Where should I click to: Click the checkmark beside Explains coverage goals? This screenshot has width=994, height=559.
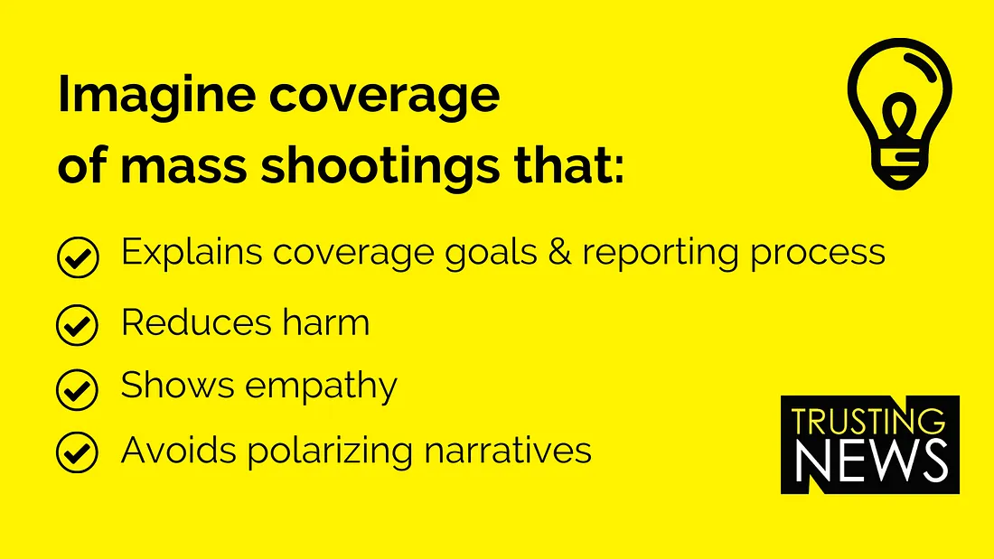pyautogui.click(x=78, y=257)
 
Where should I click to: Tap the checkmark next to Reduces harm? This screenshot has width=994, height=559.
pyautogui.click(x=78, y=324)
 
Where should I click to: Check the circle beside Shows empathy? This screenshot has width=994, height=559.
pyautogui.click(x=78, y=389)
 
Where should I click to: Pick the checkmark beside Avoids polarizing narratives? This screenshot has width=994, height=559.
pyautogui.click(x=78, y=452)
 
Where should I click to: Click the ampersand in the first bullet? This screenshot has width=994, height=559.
pyautogui.click(x=559, y=252)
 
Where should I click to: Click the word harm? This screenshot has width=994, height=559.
pyautogui.click(x=326, y=322)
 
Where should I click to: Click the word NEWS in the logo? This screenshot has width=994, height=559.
pyautogui.click(x=872, y=460)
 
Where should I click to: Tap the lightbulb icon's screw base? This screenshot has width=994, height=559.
pyautogui.click(x=899, y=169)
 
